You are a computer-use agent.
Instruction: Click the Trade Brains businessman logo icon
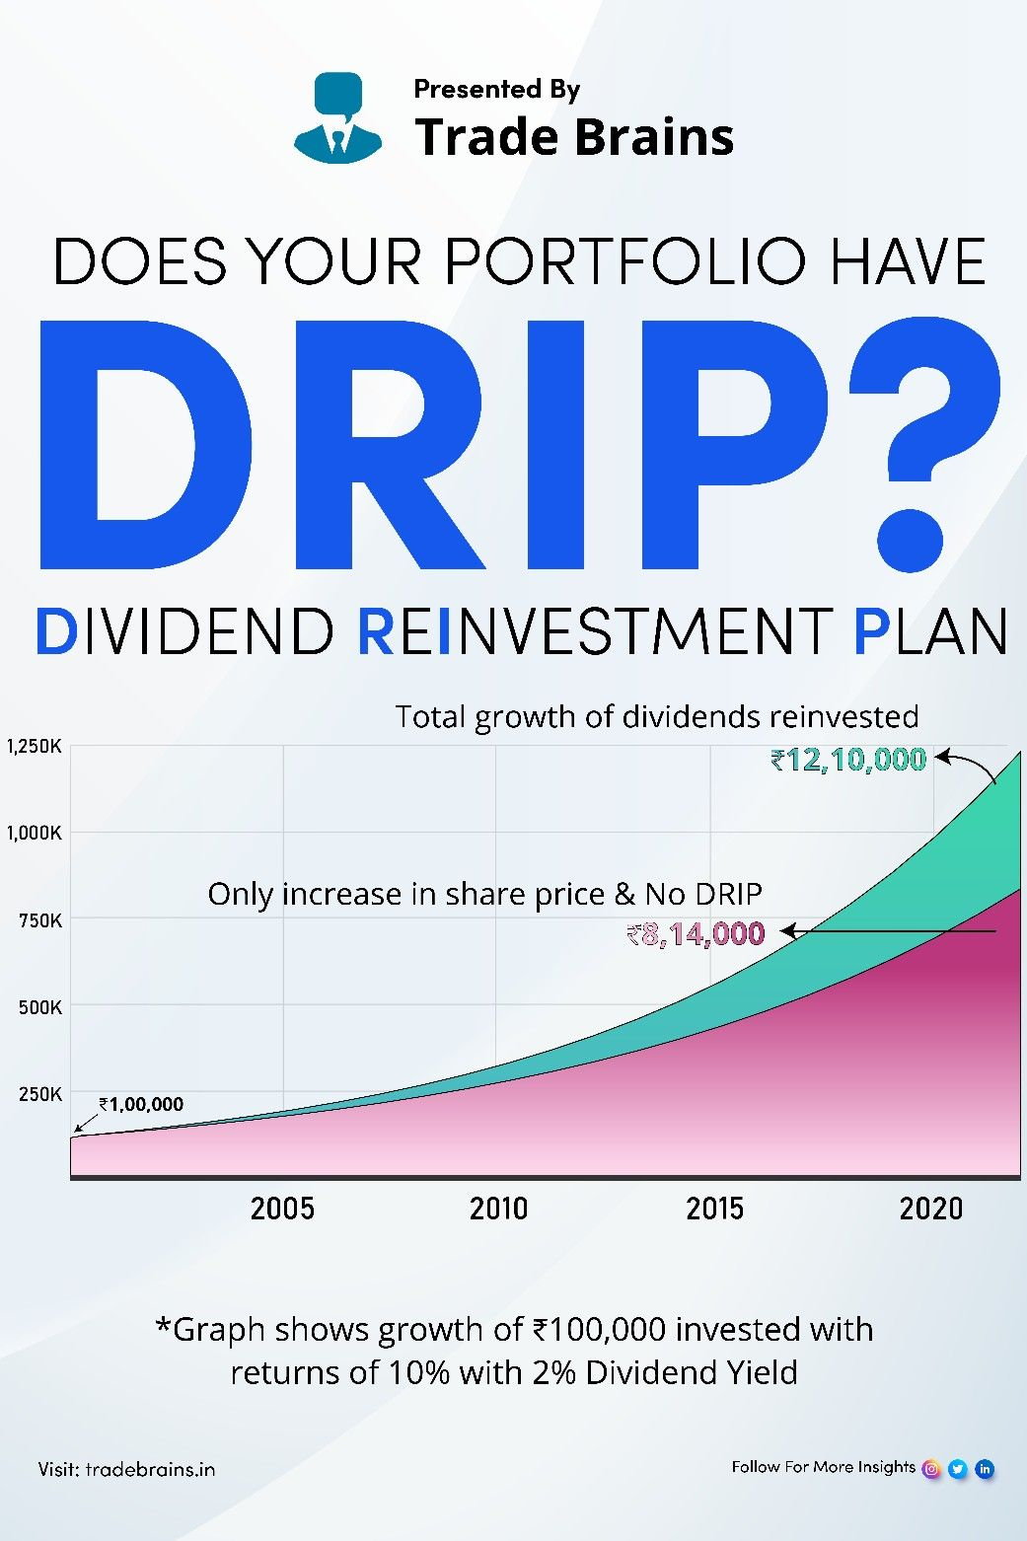337,117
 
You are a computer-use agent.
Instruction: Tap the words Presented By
496,90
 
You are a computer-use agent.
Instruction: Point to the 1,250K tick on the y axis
34,747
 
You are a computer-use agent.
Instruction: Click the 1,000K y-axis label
34,833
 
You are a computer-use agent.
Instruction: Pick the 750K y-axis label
39,920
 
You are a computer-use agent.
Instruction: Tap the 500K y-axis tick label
39,1007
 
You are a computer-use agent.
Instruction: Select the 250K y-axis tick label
39,1094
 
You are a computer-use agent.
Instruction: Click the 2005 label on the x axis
282,1208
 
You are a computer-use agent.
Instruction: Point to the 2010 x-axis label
499,1208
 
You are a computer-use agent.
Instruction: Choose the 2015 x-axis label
714,1208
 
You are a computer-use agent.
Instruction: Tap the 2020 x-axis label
930,1208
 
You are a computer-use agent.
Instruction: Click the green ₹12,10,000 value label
848,761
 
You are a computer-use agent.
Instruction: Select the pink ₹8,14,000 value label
696,933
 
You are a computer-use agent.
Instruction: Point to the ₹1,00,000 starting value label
141,1104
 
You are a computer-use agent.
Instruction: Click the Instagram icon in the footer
930,1469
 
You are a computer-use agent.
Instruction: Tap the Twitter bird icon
958,1469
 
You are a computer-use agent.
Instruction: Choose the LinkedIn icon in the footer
985,1469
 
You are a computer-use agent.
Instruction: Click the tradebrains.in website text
150,1469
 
